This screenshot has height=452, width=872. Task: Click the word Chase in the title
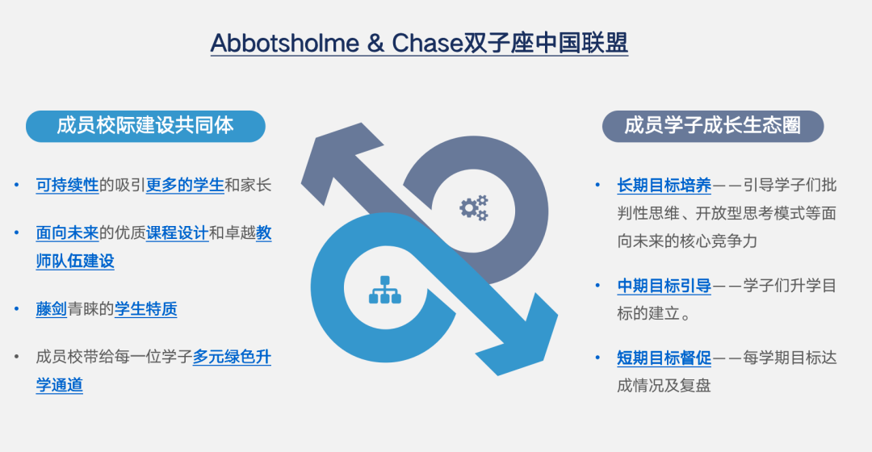pos(427,43)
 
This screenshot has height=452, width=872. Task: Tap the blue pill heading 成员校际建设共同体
pos(145,126)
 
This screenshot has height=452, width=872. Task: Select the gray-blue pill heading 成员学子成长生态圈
pos(712,126)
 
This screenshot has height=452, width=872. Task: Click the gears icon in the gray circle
pos(474,207)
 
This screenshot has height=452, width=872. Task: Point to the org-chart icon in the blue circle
pos(384,291)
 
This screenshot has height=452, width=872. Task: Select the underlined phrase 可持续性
pos(67,185)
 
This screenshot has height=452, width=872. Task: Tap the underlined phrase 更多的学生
pos(185,185)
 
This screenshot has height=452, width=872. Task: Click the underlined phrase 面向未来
pos(67,233)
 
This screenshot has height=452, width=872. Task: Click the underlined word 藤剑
pos(52,309)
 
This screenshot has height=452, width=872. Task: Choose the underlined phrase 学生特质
pos(145,309)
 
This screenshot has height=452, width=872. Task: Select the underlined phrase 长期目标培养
pos(664,186)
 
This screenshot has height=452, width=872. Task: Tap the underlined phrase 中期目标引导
pos(664,286)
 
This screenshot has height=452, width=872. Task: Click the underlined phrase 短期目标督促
pos(664,358)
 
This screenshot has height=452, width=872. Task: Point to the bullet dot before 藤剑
pos(17,309)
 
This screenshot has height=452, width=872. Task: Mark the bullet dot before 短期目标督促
pos(598,358)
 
